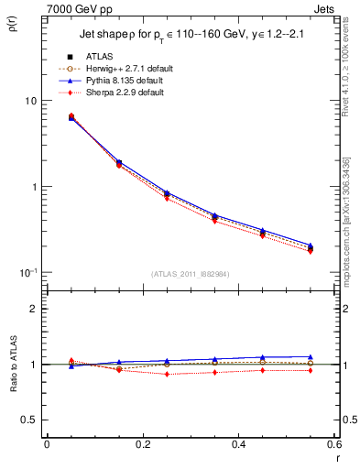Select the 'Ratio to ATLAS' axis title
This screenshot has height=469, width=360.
coord(13,389)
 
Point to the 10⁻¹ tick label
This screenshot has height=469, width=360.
coord(28,272)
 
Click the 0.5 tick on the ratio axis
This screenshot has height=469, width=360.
coord(30,420)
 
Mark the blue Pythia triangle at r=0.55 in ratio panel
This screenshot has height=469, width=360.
coord(310,356)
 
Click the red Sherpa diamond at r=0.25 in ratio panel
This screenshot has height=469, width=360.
coord(167,374)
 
